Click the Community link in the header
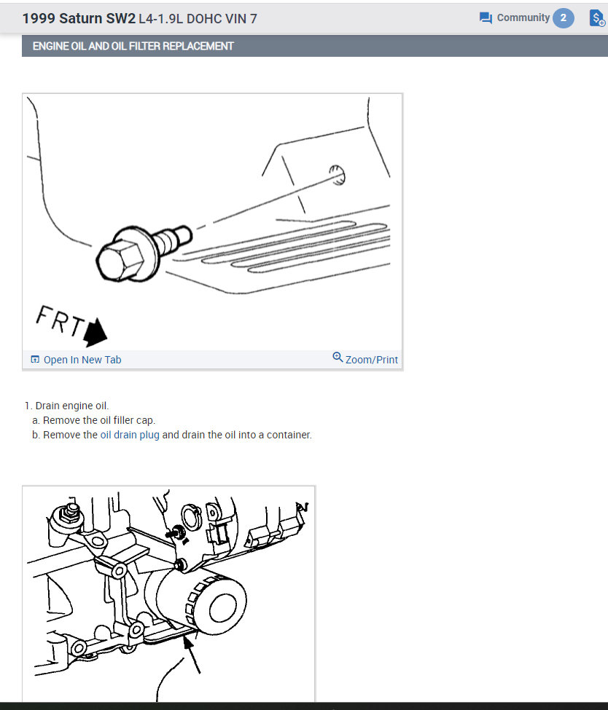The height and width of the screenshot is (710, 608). [x=522, y=17]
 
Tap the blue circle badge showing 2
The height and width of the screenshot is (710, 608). [x=563, y=18]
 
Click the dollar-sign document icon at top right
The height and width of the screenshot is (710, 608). [x=596, y=18]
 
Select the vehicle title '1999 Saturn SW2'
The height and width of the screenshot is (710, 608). [x=79, y=18]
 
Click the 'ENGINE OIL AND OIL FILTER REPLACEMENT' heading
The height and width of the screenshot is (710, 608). [x=133, y=46]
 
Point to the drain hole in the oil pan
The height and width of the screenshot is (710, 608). [x=338, y=174]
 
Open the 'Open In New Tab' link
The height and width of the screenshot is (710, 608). [x=82, y=360]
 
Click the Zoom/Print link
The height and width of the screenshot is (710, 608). [x=371, y=360]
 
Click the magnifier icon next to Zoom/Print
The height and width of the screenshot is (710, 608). [x=338, y=358]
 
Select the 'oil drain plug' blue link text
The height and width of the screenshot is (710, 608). [x=130, y=435]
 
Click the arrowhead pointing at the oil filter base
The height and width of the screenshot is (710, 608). [x=188, y=641]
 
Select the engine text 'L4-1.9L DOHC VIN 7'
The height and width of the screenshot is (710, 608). [x=198, y=18]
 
